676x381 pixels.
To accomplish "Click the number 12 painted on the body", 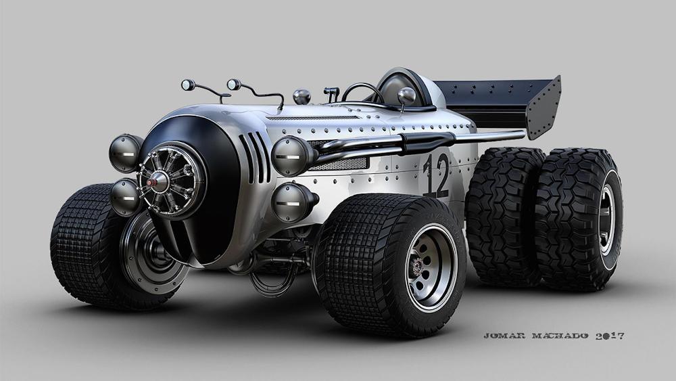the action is click(436, 175).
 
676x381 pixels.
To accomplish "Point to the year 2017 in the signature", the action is click(610, 336).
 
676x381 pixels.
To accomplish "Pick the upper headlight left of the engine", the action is click(124, 153).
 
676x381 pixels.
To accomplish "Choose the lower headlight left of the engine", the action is click(125, 197).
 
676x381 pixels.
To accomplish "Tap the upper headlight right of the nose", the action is click(290, 156).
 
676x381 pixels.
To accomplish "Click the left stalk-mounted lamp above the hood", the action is click(188, 85).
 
